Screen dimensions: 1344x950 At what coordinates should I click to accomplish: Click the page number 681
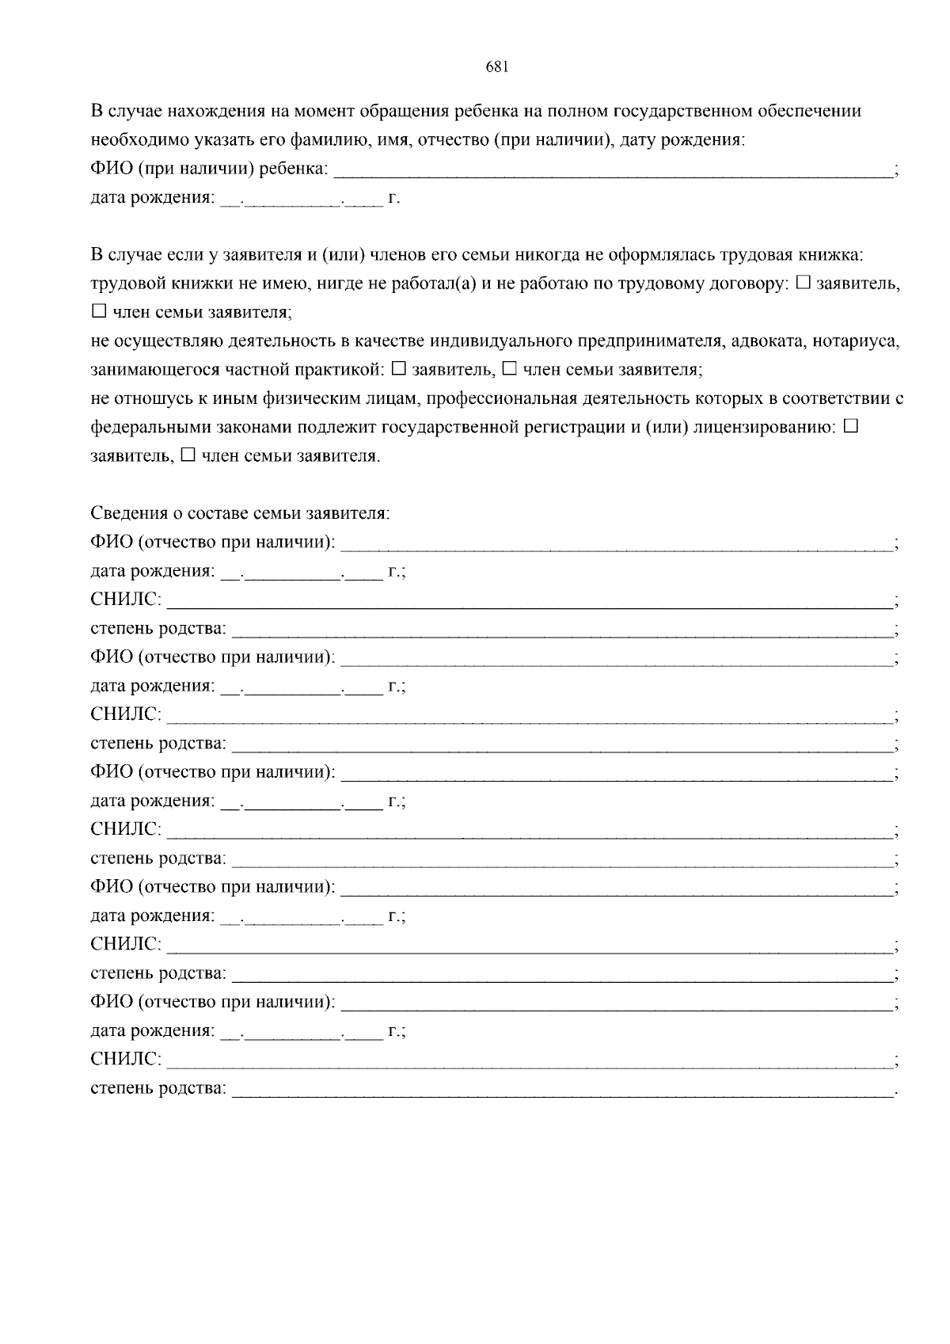click(x=496, y=67)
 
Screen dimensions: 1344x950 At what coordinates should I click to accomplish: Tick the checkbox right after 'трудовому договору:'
click(x=803, y=283)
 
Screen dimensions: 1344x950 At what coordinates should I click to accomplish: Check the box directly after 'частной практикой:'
click(x=399, y=369)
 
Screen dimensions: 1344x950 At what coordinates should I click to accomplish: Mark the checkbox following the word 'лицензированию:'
click(x=851, y=427)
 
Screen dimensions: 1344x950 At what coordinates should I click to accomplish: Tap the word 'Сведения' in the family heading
click(x=127, y=513)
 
